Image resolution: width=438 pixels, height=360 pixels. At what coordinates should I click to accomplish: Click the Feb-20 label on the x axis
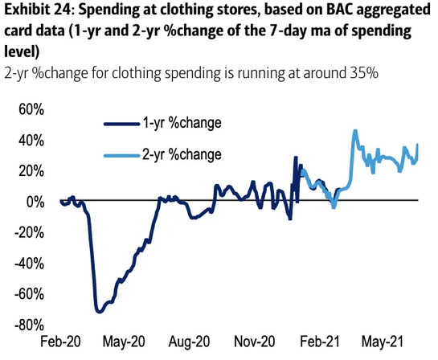point(62,341)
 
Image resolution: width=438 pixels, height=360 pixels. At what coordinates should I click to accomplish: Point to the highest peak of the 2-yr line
point(355,130)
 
